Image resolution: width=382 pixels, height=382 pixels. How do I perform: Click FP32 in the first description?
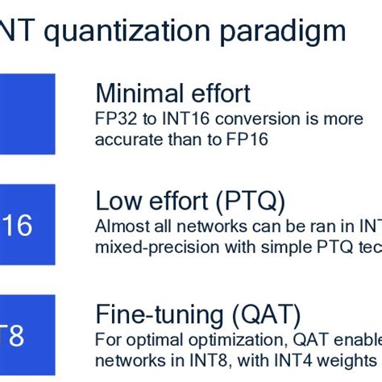click(110, 118)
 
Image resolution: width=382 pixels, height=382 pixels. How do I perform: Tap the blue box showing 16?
click(24, 226)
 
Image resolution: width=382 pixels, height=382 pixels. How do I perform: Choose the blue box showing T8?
click(24, 335)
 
